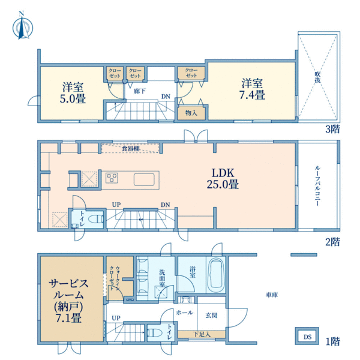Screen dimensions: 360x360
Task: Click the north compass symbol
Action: pos(23,26)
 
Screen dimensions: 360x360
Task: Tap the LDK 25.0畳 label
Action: pos(223,178)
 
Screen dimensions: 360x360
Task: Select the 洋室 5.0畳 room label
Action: pos(73,93)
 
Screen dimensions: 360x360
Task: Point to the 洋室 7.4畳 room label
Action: pos(252,89)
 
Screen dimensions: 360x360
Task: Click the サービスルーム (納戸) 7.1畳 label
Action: pos(68,301)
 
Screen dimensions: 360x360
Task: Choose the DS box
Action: pos(307,336)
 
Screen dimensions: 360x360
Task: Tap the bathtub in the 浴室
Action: pos(216,275)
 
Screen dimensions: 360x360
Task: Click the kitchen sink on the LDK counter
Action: pos(144,179)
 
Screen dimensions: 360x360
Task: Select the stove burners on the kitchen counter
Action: pos(112,178)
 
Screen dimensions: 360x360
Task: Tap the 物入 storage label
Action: pos(191,113)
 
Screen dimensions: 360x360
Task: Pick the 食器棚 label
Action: pos(131,149)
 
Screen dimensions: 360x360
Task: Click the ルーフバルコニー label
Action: pos(318,185)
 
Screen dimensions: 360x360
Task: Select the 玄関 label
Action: pos(211,315)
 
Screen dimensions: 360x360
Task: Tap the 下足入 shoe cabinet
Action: pos(202,334)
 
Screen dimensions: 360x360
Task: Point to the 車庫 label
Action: pos(272,295)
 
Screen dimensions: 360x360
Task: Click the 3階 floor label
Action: pos(332,129)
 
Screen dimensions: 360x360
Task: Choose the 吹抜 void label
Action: pos(317,77)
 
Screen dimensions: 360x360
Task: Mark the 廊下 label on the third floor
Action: pos(140,91)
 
